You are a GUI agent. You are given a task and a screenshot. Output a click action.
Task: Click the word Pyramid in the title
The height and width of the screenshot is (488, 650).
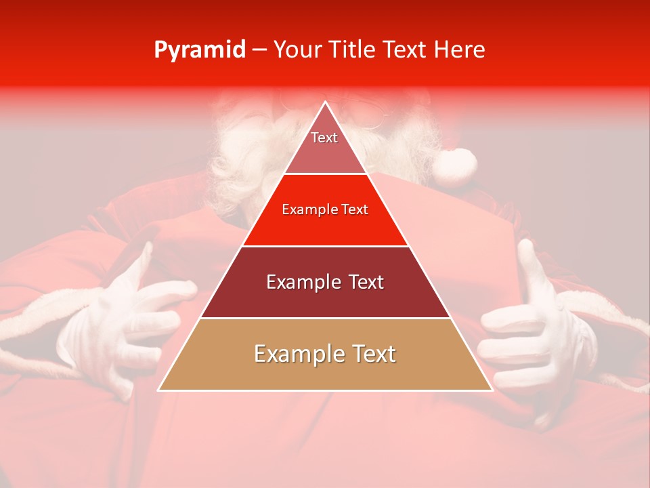pyautogui.click(x=199, y=50)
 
